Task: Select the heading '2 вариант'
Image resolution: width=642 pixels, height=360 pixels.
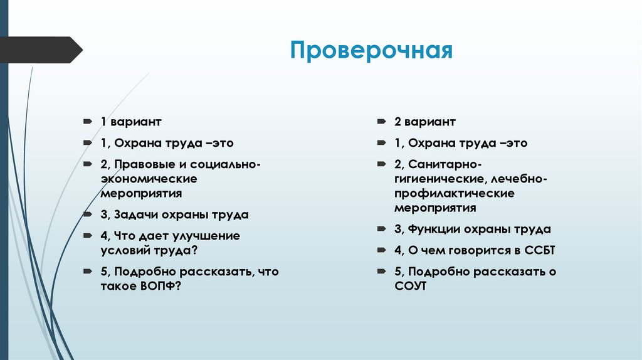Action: click(425, 122)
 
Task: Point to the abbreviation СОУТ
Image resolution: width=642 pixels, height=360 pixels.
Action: click(411, 286)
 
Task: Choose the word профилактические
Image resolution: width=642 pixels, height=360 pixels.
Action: click(455, 193)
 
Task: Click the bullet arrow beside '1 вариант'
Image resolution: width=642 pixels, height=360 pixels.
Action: click(87, 122)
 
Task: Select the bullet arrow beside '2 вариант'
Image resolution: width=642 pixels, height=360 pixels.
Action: click(382, 122)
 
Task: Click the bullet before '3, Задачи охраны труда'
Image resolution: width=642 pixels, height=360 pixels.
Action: click(87, 214)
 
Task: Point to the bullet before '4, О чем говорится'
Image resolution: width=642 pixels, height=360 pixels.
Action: click(382, 250)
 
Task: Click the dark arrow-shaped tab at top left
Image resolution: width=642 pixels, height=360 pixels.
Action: click(41, 50)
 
